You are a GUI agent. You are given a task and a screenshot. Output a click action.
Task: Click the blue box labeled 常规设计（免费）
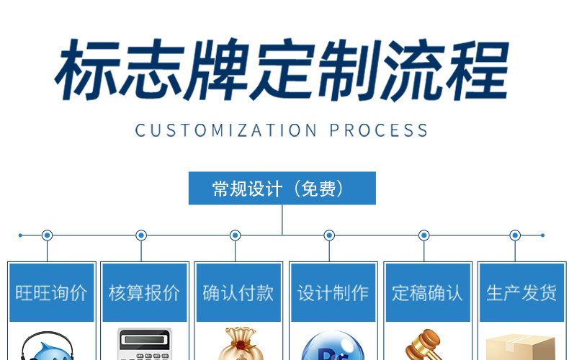[282, 189]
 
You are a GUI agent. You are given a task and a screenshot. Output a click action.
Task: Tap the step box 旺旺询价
[51, 292]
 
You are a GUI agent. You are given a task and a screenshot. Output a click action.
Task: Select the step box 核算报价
[144, 292]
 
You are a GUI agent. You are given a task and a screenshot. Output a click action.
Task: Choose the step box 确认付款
[238, 292]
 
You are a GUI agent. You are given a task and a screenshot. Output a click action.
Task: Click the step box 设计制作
[333, 292]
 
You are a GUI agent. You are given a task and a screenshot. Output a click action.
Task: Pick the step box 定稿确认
[427, 292]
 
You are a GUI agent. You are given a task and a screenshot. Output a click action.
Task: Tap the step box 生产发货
[521, 292]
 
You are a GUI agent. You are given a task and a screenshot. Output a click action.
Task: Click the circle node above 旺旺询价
[47, 235]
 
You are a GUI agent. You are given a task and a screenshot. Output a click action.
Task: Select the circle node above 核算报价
[141, 235]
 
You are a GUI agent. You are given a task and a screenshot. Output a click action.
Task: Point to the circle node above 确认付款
[235, 235]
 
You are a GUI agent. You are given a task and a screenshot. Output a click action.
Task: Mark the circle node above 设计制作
[329, 235]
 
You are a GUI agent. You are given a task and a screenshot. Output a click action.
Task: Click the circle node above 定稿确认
[424, 235]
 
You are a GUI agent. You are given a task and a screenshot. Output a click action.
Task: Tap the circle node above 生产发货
[515, 235]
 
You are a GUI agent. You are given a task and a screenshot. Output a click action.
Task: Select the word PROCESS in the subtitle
[379, 130]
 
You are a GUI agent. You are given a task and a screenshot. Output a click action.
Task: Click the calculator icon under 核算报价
[144, 346]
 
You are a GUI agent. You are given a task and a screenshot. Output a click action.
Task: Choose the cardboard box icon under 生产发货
[521, 348]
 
